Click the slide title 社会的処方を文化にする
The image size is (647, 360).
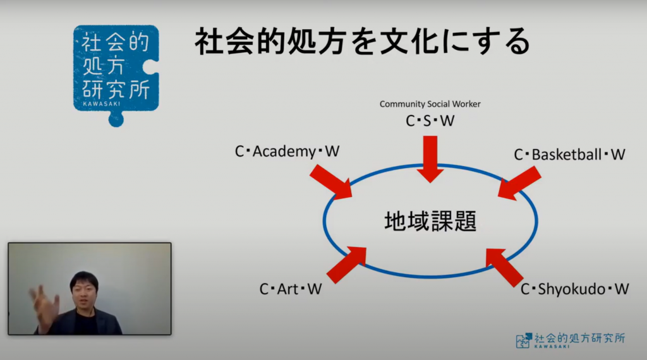coord(362,41)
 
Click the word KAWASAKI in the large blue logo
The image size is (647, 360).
coord(102,104)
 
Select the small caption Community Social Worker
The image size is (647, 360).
coord(430,104)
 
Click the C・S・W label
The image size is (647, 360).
coord(430,121)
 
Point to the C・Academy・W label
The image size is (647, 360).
coord(287,152)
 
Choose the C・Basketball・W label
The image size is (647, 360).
coord(569,155)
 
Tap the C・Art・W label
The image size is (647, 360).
coord(291,289)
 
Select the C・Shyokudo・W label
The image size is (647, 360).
coord(575,289)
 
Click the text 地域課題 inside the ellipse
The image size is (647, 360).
coord(430,221)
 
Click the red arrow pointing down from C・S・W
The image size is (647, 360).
coord(430,159)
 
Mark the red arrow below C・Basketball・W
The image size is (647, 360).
coord(519,183)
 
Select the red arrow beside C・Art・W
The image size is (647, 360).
coord(346,265)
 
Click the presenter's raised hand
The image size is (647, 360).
coord(45,305)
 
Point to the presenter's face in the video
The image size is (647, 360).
coord(84,292)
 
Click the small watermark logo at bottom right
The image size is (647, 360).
coord(571,340)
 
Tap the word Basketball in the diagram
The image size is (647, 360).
coord(567,155)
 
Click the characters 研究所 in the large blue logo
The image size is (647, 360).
coord(116,89)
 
